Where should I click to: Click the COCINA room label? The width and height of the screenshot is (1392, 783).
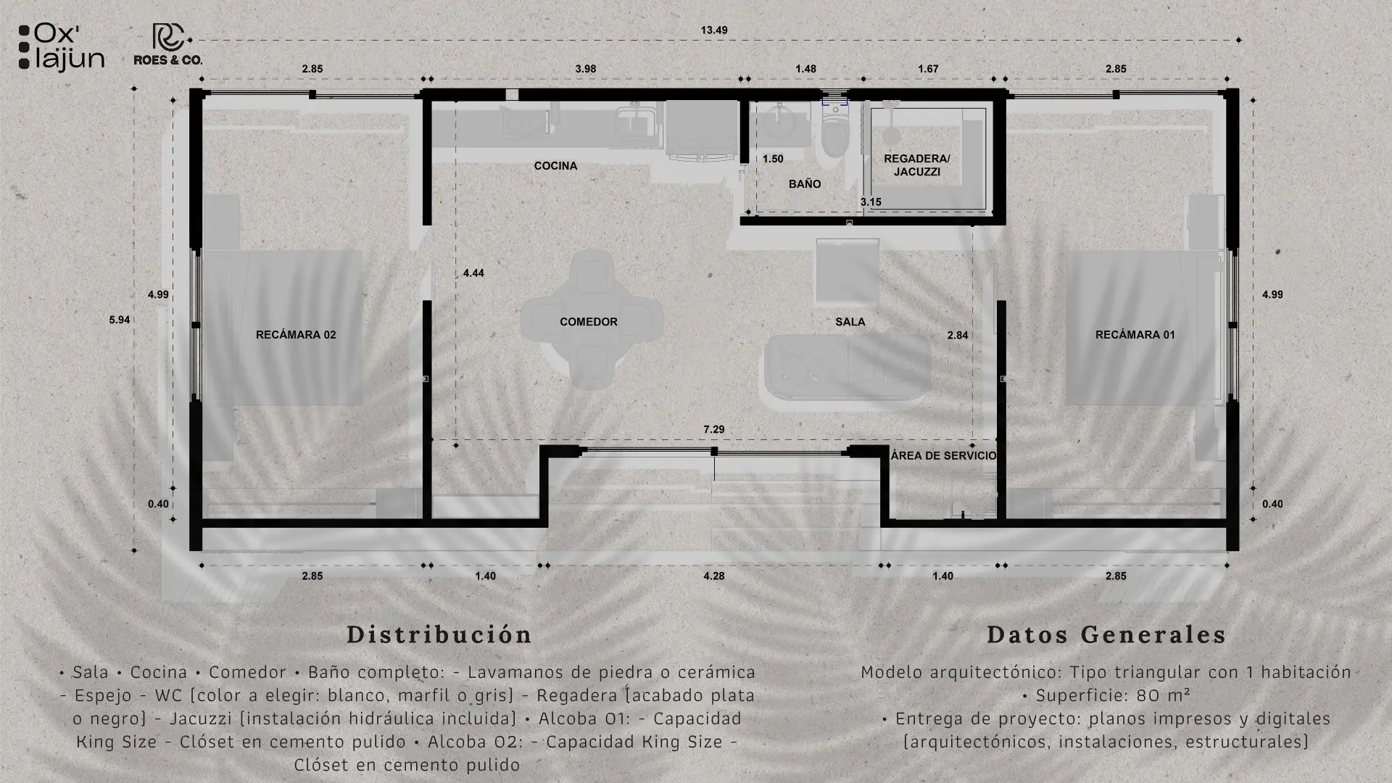(x=555, y=166)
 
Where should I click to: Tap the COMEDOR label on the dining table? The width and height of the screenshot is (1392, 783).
(x=589, y=322)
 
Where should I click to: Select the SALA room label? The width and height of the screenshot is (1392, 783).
(x=850, y=322)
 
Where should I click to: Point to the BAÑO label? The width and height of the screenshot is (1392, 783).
(x=805, y=184)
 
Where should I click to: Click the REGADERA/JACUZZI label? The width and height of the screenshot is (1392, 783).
(x=917, y=165)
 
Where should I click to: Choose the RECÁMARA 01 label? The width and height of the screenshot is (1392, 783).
(x=1135, y=335)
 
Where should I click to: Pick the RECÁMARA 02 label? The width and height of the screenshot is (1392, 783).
(x=296, y=335)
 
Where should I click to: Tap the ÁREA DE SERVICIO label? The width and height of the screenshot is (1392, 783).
(x=943, y=456)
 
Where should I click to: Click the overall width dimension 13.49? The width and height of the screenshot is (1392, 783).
(x=714, y=30)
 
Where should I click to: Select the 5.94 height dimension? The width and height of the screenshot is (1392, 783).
(x=120, y=320)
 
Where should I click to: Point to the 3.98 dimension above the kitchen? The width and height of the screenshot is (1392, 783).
(x=586, y=69)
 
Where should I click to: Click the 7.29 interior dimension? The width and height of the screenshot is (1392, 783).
(x=714, y=429)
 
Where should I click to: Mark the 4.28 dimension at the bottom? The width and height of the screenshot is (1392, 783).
(x=714, y=576)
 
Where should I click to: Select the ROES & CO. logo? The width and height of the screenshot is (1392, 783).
(x=168, y=45)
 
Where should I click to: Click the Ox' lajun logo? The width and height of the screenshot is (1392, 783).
(x=62, y=47)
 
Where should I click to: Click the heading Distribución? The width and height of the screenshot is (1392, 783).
(x=439, y=634)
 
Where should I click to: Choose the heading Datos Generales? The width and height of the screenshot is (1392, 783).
(x=1106, y=634)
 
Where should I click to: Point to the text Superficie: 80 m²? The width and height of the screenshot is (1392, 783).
(x=1106, y=696)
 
